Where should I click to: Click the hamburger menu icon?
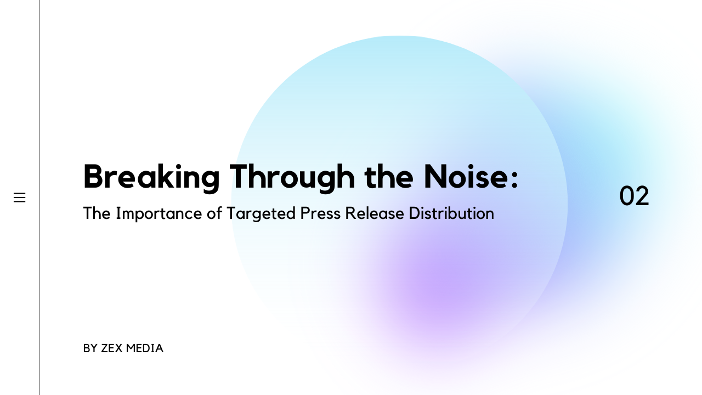tap(19, 198)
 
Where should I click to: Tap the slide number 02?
tap(634, 196)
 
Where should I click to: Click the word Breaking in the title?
tap(151, 177)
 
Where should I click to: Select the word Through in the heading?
tap(292, 177)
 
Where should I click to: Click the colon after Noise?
tap(514, 181)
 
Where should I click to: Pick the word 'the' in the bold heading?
tap(389, 176)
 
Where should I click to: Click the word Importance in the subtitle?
tap(159, 214)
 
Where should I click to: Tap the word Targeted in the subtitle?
tap(261, 214)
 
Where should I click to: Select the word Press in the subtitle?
tap(320, 213)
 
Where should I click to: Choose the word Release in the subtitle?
tap(375, 213)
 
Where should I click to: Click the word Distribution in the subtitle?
tap(451, 213)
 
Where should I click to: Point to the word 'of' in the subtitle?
tap(214, 213)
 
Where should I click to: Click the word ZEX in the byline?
tap(111, 348)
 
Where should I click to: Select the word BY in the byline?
tap(90, 348)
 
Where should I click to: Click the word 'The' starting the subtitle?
tap(97, 213)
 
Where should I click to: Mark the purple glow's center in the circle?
tap(439, 285)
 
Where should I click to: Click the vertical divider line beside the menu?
tap(40, 198)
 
